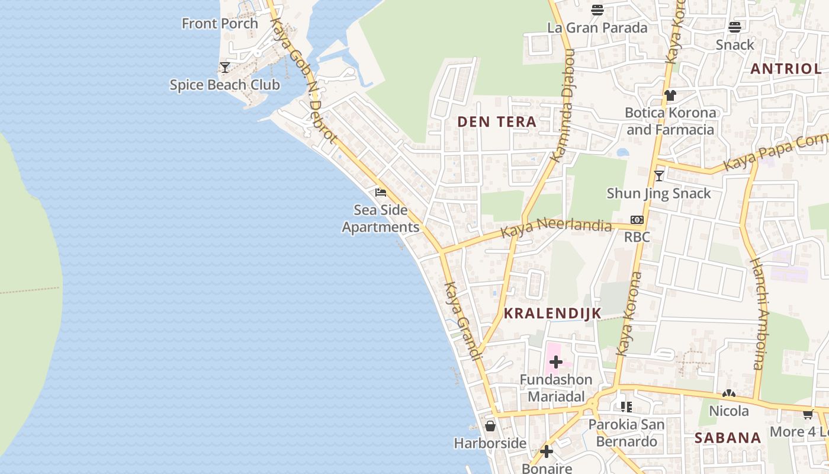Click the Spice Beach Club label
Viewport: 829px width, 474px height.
(224, 85)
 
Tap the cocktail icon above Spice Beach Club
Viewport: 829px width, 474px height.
(224, 68)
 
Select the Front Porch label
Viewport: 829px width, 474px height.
(220, 24)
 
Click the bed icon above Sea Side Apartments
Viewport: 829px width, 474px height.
(381, 193)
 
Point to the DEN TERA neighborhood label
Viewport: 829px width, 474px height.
(497, 122)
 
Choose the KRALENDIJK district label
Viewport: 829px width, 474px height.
(552, 313)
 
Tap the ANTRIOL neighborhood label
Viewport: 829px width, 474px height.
(786, 69)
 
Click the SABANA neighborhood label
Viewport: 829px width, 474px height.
(728, 438)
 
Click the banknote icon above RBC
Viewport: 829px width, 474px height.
(637, 220)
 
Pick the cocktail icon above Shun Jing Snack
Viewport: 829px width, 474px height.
(658, 176)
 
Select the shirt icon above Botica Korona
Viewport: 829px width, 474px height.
(670, 95)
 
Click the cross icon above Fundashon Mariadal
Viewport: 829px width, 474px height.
(555, 362)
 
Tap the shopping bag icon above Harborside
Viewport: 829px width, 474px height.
(490, 426)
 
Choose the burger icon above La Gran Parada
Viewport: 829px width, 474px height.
(597, 10)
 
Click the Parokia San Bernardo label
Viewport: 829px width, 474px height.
(626, 433)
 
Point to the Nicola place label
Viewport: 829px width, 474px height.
(728, 411)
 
